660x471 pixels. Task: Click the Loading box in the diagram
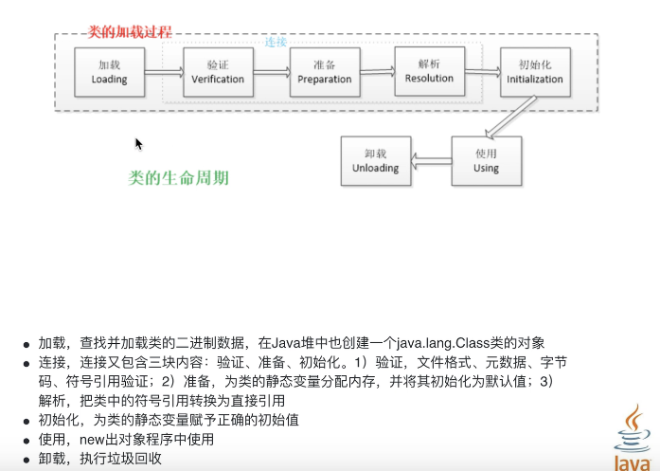[109, 73]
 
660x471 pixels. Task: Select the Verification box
[218, 73]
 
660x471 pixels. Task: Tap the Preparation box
[325, 73]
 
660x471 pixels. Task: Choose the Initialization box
[534, 73]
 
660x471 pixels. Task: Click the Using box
[486, 160]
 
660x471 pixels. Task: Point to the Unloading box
[376, 160]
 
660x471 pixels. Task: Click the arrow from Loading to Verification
[163, 72]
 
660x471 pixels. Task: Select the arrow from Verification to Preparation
[271, 72]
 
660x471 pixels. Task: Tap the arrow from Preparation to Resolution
[377, 72]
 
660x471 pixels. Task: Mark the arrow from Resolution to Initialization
[482, 72]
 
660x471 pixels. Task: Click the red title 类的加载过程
[130, 31]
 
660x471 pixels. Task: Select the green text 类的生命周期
[178, 177]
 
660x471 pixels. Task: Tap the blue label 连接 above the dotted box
[276, 43]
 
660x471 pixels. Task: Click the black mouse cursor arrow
[138, 143]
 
